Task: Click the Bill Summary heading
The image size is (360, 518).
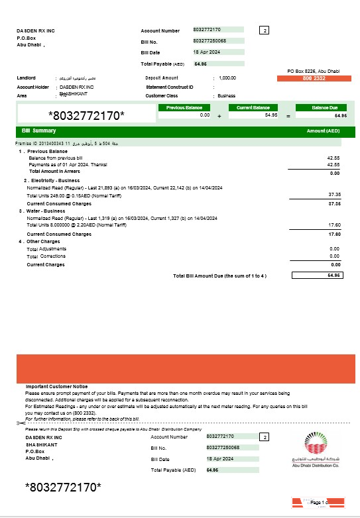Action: (x=39, y=130)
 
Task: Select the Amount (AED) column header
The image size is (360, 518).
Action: (x=323, y=130)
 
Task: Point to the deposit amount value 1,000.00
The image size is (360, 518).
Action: (x=227, y=78)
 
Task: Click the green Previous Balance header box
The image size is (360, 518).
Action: (x=184, y=107)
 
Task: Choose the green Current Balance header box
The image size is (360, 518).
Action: (x=253, y=107)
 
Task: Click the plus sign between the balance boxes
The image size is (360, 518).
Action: (x=219, y=115)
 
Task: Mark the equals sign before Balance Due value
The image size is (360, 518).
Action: (x=288, y=115)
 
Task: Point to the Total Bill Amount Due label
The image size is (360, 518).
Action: (x=219, y=275)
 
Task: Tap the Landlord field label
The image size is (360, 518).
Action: (x=26, y=78)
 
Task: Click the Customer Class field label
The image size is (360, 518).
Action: (x=162, y=95)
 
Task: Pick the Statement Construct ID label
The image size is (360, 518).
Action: (x=170, y=87)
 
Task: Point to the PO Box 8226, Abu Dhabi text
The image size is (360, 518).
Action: (x=313, y=70)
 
